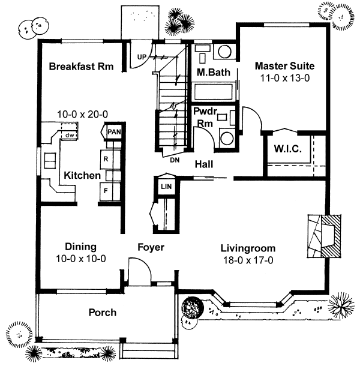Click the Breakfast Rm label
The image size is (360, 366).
point(82,66)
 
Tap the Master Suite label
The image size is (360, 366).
point(284,65)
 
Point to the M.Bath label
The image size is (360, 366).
point(210,73)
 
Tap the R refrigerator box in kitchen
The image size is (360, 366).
point(106,160)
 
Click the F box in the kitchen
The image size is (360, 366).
point(106,190)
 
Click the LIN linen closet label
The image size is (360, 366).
point(165,186)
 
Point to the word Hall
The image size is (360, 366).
point(205,163)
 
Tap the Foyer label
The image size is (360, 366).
point(151,247)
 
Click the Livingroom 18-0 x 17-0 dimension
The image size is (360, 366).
point(248,259)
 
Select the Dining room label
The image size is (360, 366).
point(82,247)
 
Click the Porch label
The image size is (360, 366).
point(102,313)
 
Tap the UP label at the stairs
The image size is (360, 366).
point(142,57)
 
